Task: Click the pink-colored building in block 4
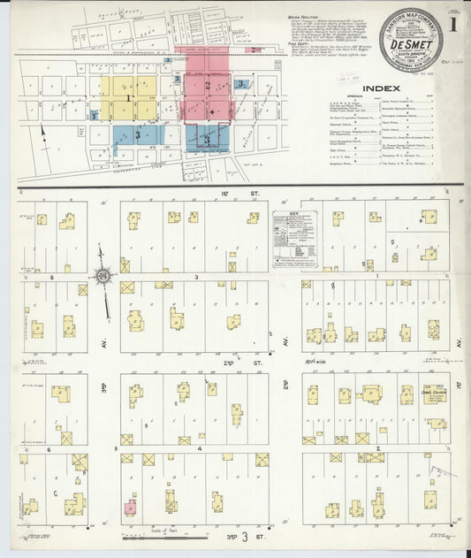pyautogui.click(x=130, y=507)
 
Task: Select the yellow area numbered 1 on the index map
pyautogui.click(x=128, y=96)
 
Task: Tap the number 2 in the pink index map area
pyautogui.click(x=207, y=86)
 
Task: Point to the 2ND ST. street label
pyautogui.click(x=231, y=363)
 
